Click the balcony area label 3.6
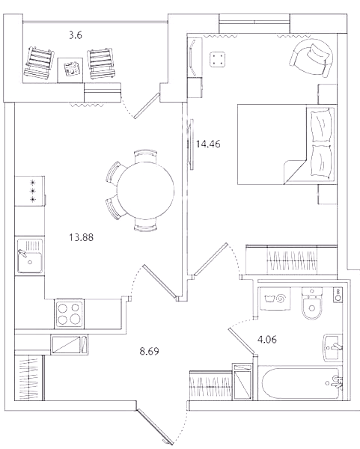[76, 35]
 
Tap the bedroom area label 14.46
[208, 144]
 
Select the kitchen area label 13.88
[82, 237]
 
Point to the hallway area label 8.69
[149, 351]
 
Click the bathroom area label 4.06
[267, 340]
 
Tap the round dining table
[145, 190]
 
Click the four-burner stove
[70, 314]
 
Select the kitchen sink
[30, 256]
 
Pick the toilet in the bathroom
[312, 304]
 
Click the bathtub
[301, 383]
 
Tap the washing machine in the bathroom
[275, 299]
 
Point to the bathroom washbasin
[333, 348]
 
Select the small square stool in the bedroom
[217, 59]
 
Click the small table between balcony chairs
[70, 70]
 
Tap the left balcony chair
[40, 63]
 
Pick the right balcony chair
[102, 64]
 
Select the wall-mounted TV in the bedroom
[190, 144]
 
